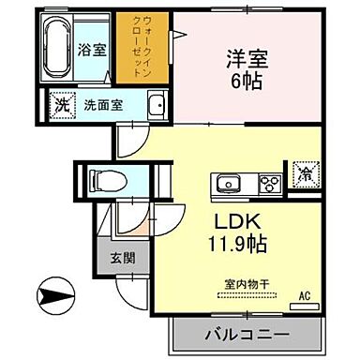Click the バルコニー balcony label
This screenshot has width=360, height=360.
point(246,334)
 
